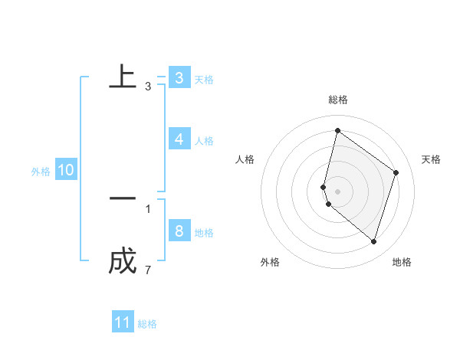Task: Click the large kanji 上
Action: [x=123, y=77]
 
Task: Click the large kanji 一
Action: [x=123, y=198]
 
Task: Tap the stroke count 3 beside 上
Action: [x=148, y=87]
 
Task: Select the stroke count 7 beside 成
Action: [x=148, y=270]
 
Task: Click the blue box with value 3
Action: [x=179, y=78]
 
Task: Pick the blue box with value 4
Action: [x=179, y=139]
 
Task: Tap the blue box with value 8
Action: [x=179, y=231]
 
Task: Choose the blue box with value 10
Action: [x=66, y=170]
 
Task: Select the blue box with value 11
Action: [x=123, y=322]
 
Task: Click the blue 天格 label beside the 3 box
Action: [x=204, y=80]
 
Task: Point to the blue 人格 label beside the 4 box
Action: [x=204, y=141]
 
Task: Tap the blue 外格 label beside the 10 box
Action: [x=41, y=172]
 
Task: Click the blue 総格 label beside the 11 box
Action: [x=147, y=324]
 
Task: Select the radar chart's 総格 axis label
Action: [x=338, y=100]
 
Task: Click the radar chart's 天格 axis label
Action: [x=431, y=159]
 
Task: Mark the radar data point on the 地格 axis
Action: [x=374, y=241]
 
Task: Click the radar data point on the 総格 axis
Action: [x=337, y=130]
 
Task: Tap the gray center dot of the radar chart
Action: [x=337, y=191]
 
